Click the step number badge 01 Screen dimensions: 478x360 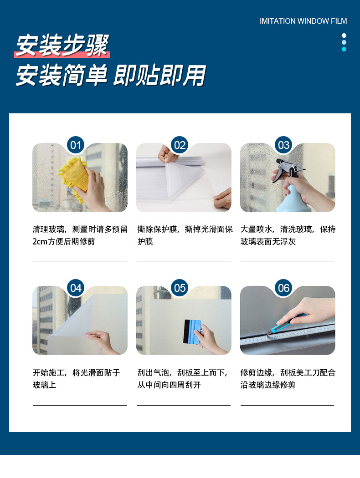(76, 145)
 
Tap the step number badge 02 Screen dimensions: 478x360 (180, 145)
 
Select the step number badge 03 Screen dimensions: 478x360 (283, 145)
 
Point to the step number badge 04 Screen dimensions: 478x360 (76, 288)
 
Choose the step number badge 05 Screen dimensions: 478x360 (180, 288)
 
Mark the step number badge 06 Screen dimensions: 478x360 (283, 288)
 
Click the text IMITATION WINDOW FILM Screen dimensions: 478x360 (303, 21)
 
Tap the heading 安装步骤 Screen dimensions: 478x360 (62, 46)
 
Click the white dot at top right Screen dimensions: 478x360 (344, 36)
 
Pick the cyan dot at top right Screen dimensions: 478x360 (344, 49)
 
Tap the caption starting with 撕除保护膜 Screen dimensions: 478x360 (185, 235)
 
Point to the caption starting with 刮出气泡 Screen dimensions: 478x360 (182, 379)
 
